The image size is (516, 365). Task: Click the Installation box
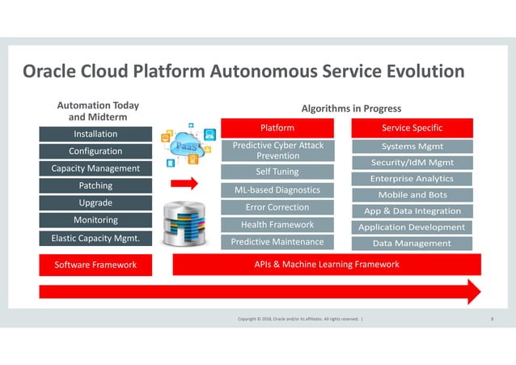click(95, 134)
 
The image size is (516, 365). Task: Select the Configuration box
click(95, 151)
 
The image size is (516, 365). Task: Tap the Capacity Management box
click(95, 168)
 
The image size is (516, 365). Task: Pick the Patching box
click(95, 186)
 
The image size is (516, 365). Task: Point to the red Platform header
click(277, 129)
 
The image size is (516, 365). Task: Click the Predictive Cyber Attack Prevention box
click(277, 150)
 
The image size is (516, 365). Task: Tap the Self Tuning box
click(277, 172)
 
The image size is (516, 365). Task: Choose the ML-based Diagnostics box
click(277, 190)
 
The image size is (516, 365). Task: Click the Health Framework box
click(277, 224)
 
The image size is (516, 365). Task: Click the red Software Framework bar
click(95, 265)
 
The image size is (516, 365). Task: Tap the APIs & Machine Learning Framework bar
click(327, 265)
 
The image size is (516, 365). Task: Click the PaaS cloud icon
click(187, 144)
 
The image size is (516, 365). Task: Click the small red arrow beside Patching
click(184, 184)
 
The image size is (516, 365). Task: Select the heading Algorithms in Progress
click(351, 108)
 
